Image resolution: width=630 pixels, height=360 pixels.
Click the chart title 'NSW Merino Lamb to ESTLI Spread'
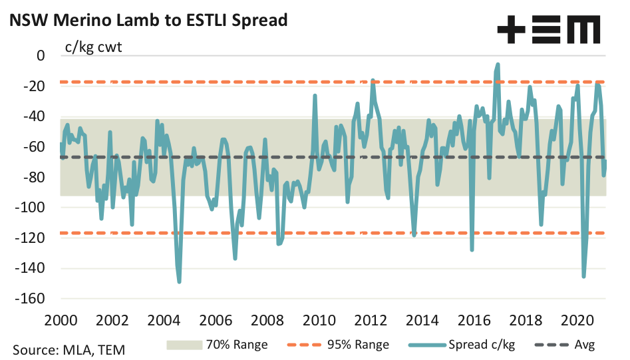tap(148, 20)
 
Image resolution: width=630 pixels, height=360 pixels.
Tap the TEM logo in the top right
tap(548, 30)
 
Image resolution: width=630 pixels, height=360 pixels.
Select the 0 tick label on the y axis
tap(41, 56)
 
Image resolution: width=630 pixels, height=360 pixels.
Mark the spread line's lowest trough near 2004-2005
tap(180, 282)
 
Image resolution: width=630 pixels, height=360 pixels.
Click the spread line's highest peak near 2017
tap(498, 65)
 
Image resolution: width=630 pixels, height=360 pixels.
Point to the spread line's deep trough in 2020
tap(583, 276)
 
